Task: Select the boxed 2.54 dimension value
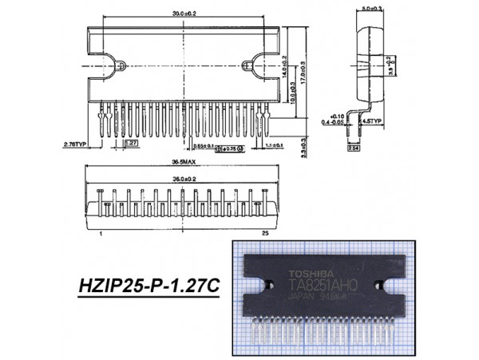tap(353, 148)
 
